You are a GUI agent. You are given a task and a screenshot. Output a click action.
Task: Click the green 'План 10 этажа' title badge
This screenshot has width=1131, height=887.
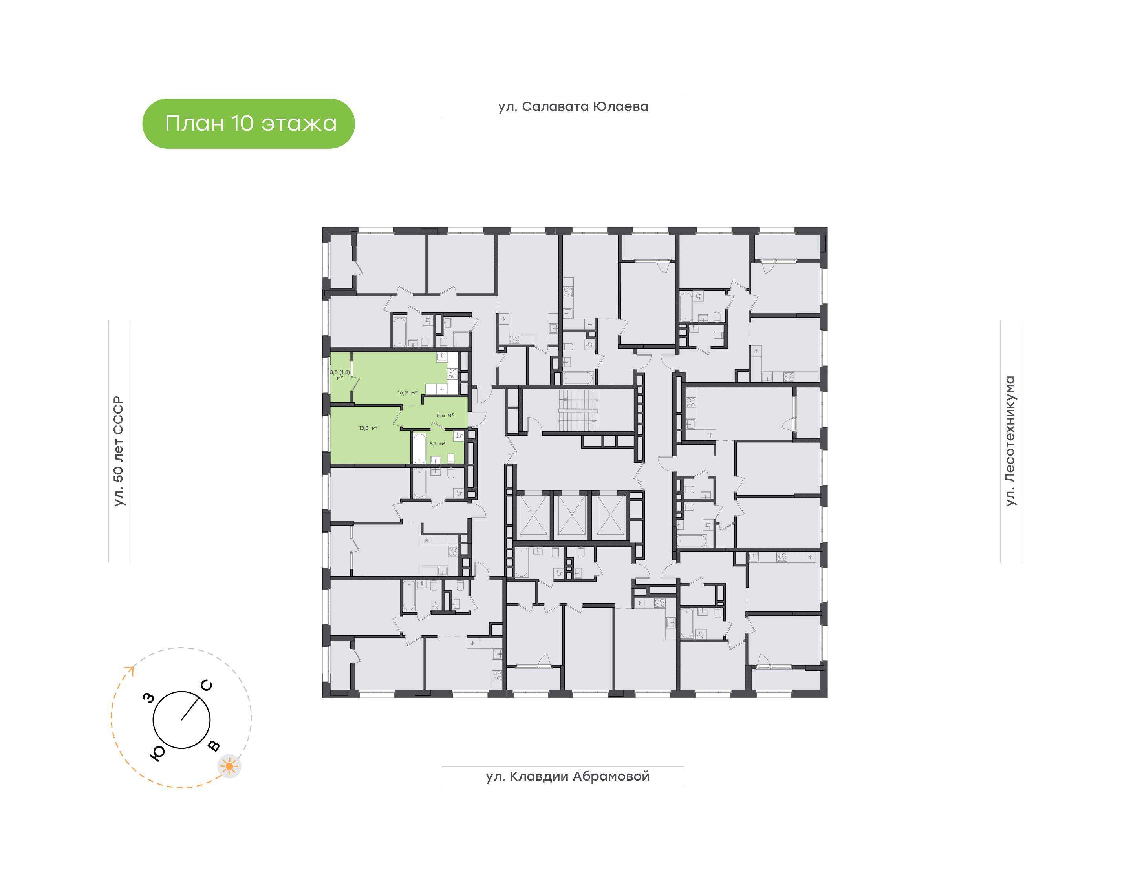(248, 124)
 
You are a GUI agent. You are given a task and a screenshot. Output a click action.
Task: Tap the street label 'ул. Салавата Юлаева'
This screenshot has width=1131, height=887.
(573, 106)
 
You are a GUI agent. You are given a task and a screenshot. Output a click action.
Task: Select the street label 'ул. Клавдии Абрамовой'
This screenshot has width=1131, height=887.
(568, 776)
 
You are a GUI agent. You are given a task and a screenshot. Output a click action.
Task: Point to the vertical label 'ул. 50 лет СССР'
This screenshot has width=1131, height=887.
(119, 451)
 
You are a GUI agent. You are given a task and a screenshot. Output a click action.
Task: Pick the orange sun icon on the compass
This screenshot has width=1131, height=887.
(229, 766)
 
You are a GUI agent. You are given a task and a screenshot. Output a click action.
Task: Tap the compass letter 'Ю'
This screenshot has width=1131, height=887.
(157, 754)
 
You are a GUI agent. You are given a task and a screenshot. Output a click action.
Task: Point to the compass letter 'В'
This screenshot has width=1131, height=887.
(214, 746)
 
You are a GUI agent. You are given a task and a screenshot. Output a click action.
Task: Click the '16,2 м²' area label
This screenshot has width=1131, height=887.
(407, 392)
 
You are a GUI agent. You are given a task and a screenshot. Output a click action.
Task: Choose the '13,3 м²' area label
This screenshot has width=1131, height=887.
(368, 428)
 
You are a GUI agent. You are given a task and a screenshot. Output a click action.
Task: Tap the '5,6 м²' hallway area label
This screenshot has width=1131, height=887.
(445, 416)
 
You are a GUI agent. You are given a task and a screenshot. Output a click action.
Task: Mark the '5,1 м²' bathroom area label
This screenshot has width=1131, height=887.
(437, 443)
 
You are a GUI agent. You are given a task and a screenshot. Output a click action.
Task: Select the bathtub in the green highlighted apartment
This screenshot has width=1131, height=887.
(419, 448)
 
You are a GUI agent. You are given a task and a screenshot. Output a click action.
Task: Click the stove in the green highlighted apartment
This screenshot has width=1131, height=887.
(452, 373)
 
